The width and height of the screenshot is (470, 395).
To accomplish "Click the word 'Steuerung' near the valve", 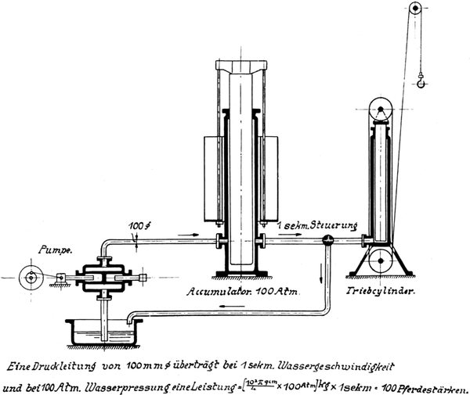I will (x=320, y=227).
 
